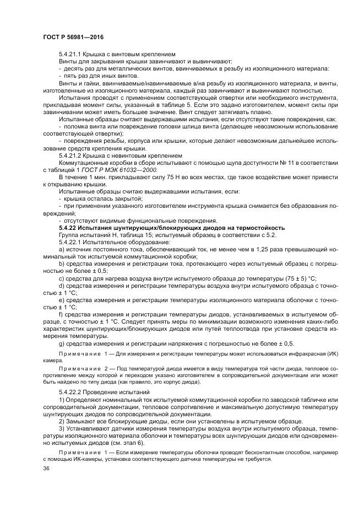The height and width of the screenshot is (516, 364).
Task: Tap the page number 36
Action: click(46, 469)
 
